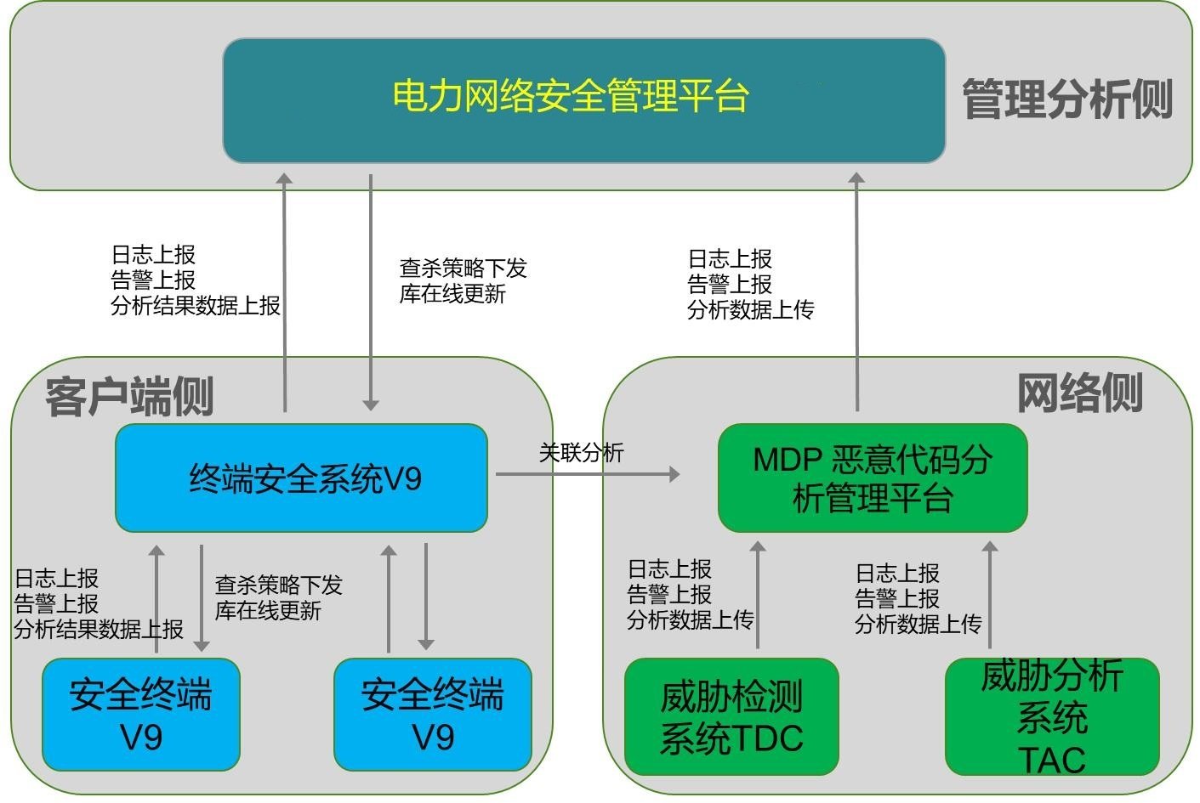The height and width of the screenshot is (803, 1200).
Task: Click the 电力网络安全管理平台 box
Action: (583, 100)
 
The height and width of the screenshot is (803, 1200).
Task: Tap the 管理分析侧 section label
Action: (1067, 99)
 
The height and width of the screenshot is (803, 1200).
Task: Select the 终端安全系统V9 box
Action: (301, 478)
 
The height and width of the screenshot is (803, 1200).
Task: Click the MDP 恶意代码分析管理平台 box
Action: (873, 478)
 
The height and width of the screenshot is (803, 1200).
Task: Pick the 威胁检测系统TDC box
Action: (731, 716)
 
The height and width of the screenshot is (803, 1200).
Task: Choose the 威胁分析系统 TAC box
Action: (1052, 716)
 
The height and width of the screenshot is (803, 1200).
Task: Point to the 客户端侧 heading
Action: (129, 396)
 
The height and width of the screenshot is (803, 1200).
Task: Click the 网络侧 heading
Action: (1079, 393)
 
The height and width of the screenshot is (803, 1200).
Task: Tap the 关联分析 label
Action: (581, 453)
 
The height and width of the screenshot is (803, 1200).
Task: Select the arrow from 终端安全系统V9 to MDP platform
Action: (587, 474)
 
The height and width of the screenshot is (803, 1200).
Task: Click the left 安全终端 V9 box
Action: (141, 715)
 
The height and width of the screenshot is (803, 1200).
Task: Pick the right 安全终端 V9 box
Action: (433, 715)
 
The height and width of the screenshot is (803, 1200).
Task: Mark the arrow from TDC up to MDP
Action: (758, 595)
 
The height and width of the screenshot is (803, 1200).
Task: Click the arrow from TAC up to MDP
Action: (989, 595)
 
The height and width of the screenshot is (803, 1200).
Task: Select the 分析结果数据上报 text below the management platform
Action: (196, 306)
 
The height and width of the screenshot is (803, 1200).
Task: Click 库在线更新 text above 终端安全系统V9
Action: (452, 294)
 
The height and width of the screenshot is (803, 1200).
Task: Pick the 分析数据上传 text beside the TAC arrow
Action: (918, 625)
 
